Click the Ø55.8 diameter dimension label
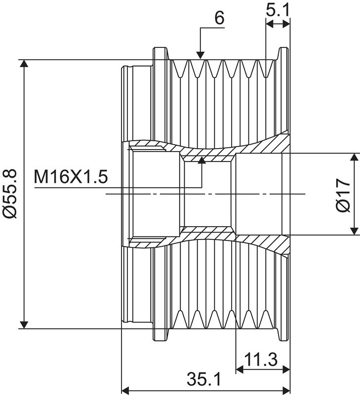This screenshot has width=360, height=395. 10,194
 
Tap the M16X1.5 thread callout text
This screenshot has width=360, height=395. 71,177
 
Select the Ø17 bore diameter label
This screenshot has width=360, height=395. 343,195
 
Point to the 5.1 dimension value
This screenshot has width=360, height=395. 278,9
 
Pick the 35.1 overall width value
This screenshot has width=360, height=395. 204,379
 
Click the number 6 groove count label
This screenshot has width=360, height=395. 219,18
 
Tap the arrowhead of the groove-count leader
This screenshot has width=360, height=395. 200,55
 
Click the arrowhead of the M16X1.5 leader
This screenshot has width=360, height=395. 202,160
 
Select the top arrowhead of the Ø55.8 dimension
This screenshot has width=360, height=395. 24,64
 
